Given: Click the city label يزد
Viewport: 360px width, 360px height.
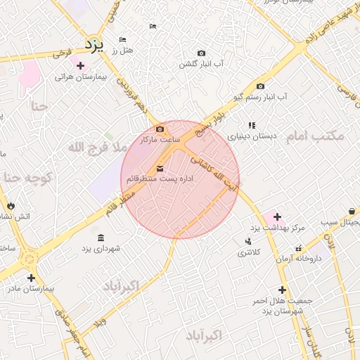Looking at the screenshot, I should (x=94, y=44).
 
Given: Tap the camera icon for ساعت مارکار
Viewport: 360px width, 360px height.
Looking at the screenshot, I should (x=160, y=129).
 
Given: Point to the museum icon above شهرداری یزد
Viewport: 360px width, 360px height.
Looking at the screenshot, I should (x=100, y=237).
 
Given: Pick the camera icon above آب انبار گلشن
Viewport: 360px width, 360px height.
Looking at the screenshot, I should (x=202, y=53).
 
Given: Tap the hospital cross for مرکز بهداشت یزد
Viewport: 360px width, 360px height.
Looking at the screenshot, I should (x=277, y=217).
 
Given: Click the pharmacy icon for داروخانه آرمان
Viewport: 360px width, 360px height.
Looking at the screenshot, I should (x=300, y=247).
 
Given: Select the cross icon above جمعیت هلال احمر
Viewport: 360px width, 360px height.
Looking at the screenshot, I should (x=282, y=290).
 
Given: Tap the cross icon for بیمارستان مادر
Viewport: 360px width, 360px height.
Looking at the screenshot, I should (x=30, y=278).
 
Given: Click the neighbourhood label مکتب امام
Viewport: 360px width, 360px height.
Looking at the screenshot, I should (x=314, y=136).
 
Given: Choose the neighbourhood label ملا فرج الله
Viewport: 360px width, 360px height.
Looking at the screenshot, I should (x=97, y=148).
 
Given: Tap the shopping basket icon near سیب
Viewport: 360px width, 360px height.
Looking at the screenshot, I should (x=351, y=211).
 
